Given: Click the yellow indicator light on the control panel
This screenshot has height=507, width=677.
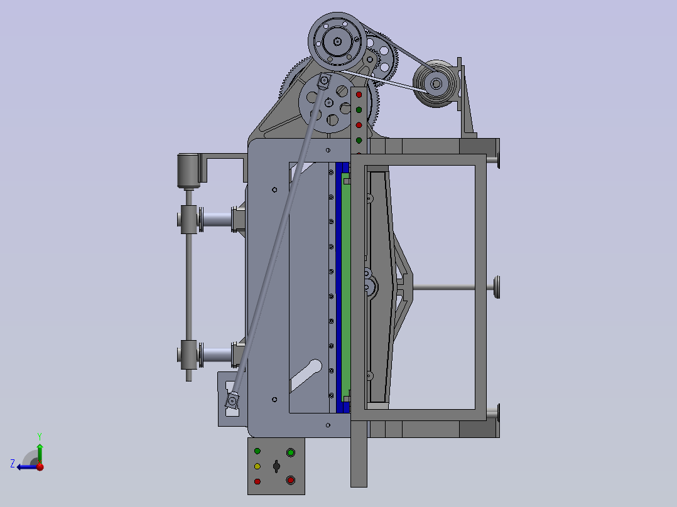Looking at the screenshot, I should click(x=257, y=466).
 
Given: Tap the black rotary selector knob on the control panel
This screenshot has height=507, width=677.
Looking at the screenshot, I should click(x=276, y=466).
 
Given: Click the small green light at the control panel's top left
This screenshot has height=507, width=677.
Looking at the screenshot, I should click(x=257, y=451).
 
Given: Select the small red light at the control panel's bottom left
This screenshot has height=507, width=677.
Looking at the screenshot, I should click(x=257, y=481).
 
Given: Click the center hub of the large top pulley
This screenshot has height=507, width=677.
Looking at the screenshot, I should click(x=338, y=42).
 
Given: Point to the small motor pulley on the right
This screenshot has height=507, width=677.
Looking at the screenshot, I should click(x=435, y=83).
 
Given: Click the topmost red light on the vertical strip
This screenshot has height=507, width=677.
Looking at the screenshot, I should click(x=359, y=95).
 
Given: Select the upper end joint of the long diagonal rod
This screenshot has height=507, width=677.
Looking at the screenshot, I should click(x=324, y=82).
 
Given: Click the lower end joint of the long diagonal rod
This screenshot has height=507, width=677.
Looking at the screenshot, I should click(x=233, y=400).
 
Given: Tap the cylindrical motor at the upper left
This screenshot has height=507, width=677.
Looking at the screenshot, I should click(x=188, y=169).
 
